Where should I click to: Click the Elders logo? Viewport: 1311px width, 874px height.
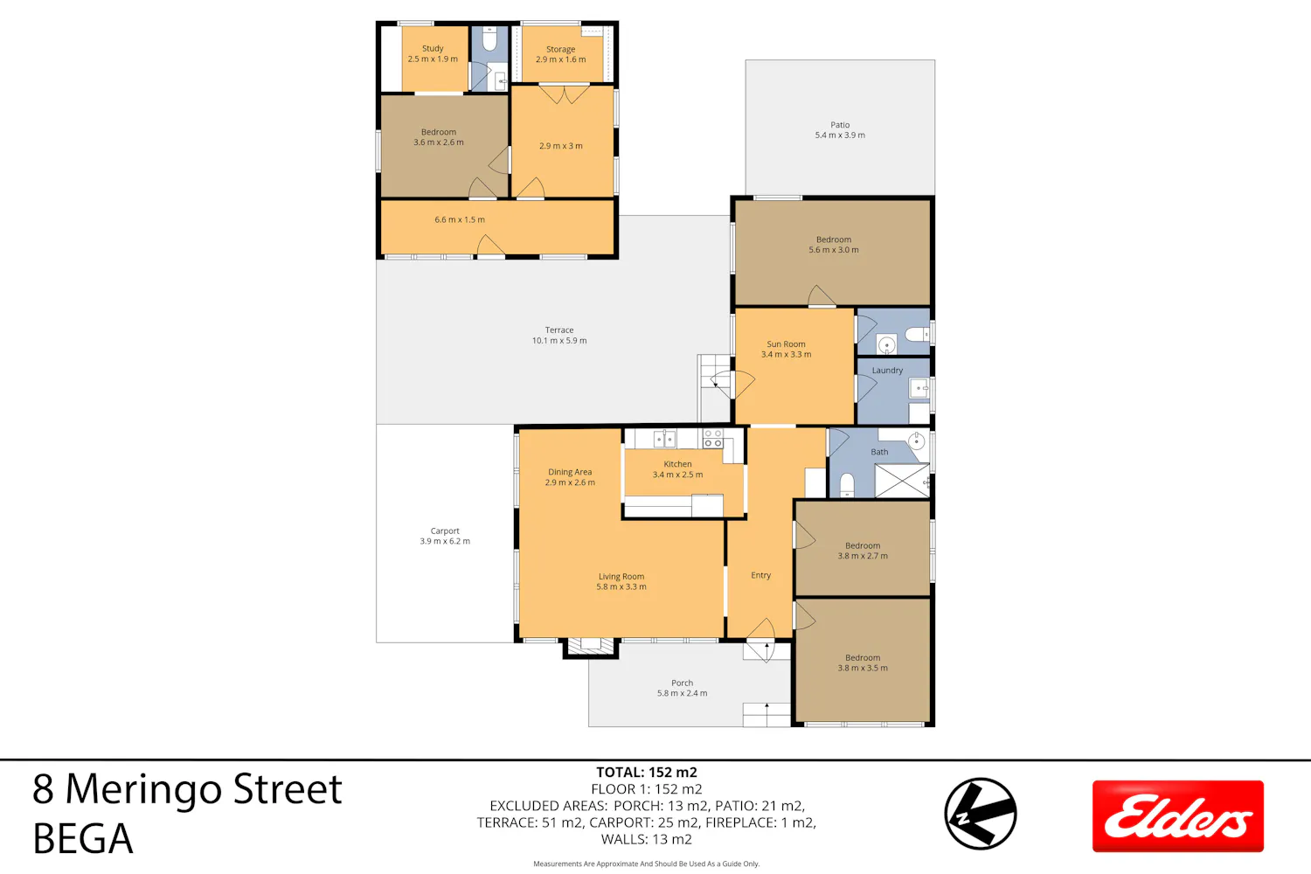(x=1177, y=815)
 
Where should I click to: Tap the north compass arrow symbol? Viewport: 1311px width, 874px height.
(x=981, y=813)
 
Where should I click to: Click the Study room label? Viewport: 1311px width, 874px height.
(x=433, y=49)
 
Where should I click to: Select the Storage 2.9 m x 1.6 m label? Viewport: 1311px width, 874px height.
(x=561, y=54)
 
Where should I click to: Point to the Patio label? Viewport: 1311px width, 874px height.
(x=840, y=125)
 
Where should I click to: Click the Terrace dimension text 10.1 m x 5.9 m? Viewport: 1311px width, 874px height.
(x=559, y=341)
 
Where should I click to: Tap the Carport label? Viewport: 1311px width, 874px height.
(x=445, y=531)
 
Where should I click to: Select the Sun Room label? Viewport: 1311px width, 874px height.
(x=786, y=344)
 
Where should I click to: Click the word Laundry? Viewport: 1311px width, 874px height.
(x=887, y=371)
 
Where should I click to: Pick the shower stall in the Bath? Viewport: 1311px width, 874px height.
(x=902, y=481)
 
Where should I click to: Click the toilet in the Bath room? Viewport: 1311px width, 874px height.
(x=847, y=485)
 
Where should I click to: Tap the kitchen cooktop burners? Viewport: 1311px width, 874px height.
(x=713, y=439)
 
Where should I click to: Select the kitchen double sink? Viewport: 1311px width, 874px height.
(x=664, y=439)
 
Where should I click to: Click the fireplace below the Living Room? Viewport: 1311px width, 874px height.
(x=591, y=648)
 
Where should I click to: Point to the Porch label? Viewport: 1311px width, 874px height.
(x=682, y=683)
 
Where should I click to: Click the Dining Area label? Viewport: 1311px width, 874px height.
(x=570, y=472)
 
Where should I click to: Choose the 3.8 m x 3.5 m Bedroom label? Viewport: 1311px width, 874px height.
(x=863, y=662)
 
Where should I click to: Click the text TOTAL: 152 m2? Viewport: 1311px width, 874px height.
(x=647, y=772)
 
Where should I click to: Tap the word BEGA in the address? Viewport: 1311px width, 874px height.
(x=83, y=838)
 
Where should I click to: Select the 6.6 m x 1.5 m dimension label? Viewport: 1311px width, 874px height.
(x=460, y=219)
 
